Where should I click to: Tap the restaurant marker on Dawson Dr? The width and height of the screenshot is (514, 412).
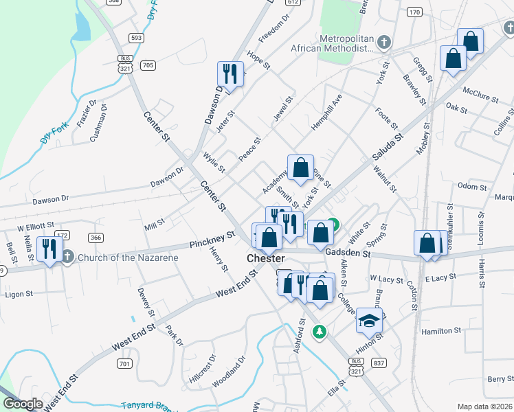click(230, 74)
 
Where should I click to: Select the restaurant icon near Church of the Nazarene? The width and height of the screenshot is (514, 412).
click(49, 249)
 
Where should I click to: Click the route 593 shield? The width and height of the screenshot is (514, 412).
click(135, 37)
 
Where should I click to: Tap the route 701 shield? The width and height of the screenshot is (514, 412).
click(124, 363)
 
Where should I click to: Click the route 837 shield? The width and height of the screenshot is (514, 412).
click(378, 362)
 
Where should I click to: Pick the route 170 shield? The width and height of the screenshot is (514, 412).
click(414, 12)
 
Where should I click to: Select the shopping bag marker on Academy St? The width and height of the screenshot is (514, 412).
click(300, 168)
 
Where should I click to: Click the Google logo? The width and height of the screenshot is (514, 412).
click(23, 404)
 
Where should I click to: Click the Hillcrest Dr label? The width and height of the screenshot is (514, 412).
click(202, 369)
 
